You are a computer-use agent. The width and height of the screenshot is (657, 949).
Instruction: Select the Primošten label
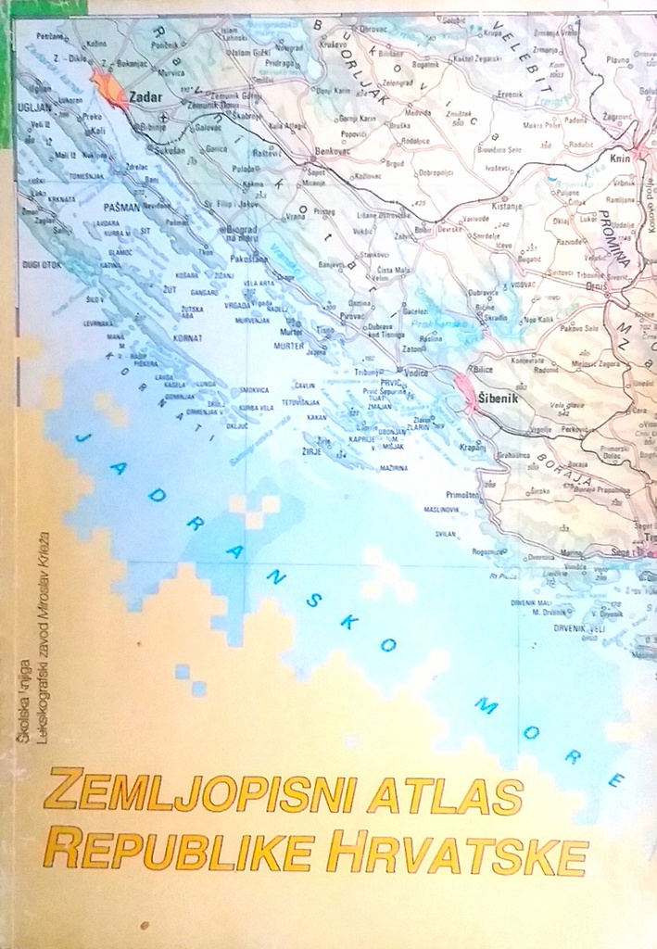coord(462,495)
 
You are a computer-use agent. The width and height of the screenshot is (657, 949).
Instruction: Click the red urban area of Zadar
coord(110,89)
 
